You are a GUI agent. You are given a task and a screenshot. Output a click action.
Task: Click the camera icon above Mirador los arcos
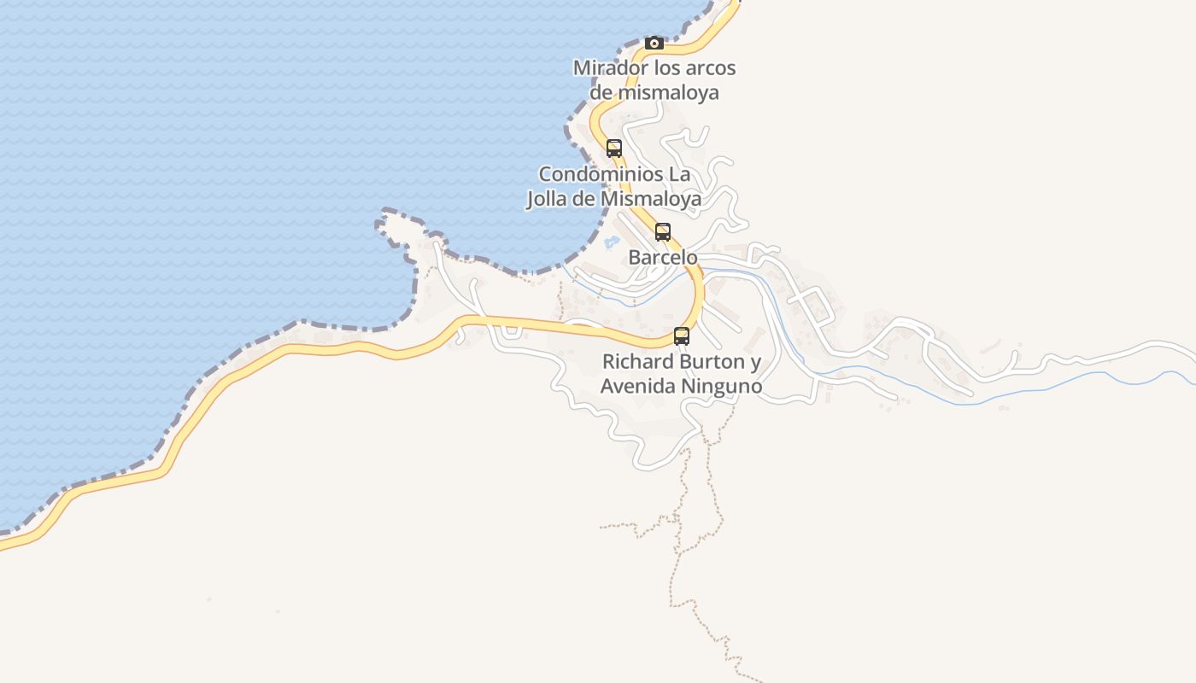pos(654,43)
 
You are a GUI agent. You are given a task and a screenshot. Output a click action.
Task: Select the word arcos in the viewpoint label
pos(706,68)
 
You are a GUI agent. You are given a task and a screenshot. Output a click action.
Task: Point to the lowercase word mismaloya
pos(667,92)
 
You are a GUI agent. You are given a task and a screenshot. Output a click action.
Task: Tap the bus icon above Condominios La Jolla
pos(614,148)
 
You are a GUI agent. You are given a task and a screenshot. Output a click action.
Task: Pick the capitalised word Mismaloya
pos(651,199)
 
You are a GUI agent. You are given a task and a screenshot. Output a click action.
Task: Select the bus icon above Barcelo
pos(663,231)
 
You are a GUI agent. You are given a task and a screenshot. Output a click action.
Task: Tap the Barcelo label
pos(663,257)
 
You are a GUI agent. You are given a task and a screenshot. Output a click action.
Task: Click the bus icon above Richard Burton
pos(682,336)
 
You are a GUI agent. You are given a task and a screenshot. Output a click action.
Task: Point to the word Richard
pos(637,362)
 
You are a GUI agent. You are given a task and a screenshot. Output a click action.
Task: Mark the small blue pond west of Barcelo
pos(612,242)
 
